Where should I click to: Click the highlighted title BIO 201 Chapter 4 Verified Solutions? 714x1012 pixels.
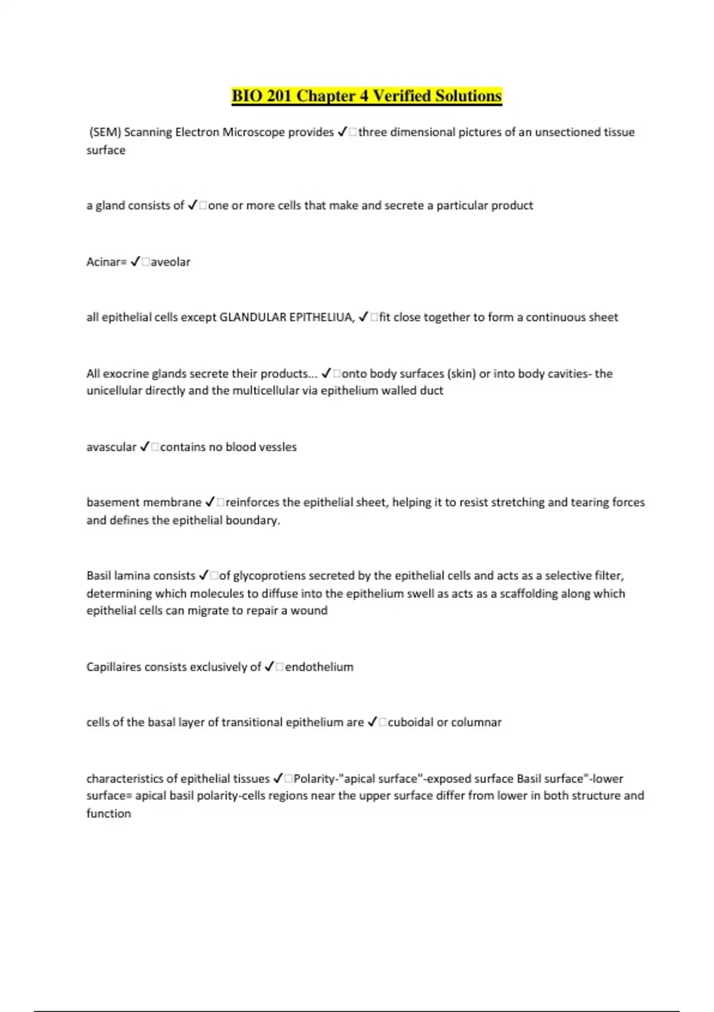(x=367, y=96)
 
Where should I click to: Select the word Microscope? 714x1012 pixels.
(x=253, y=132)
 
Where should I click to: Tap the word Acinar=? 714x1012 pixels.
(x=107, y=262)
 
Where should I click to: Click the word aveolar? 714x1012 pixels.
(x=171, y=262)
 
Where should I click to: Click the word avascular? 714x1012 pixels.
(x=111, y=447)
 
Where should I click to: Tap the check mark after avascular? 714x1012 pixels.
(x=145, y=447)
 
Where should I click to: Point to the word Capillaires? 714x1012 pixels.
(x=114, y=667)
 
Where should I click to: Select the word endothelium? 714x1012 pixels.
(x=319, y=667)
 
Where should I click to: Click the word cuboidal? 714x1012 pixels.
(x=411, y=722)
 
